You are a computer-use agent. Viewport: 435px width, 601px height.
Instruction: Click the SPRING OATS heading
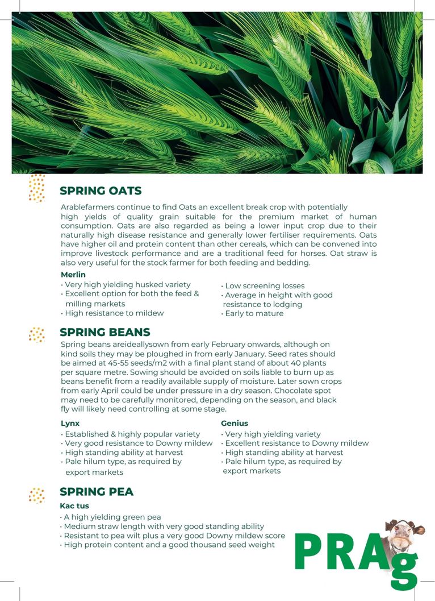(101, 191)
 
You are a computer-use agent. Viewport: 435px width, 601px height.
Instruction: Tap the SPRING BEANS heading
(105, 332)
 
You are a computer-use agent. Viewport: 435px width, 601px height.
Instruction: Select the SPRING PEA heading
(97, 492)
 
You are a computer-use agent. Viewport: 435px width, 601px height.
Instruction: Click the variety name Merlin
(73, 275)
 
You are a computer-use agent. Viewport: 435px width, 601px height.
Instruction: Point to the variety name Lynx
(70, 424)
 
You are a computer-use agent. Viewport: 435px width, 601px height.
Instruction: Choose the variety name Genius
(234, 424)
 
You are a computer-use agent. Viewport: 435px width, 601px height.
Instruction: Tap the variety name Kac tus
(74, 506)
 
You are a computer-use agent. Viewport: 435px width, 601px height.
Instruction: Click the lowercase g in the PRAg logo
(404, 569)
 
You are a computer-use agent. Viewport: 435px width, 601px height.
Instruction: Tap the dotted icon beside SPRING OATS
(37, 188)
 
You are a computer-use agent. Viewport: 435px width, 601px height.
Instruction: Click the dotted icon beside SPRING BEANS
(37, 334)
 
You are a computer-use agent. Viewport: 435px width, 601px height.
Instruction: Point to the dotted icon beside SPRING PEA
(37, 495)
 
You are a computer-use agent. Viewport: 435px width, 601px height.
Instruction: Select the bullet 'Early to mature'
(254, 313)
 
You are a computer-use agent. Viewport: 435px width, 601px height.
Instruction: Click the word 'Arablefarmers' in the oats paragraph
(87, 208)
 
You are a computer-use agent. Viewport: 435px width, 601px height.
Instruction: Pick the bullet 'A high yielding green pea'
(112, 517)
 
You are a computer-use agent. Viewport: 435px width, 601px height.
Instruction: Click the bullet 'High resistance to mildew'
(114, 313)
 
